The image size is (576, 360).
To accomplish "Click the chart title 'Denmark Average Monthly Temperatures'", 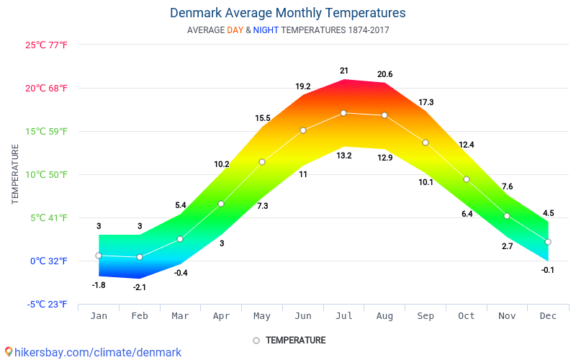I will tap(287, 13).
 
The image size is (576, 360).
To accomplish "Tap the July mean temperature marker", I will tap(344, 113).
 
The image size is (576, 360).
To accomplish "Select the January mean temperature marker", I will tap(99, 256).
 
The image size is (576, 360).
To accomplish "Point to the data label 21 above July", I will tap(344, 71).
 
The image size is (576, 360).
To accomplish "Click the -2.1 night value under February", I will tap(140, 287).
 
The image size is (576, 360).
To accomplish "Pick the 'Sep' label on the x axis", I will tap(426, 316).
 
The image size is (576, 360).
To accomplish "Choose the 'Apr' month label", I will tap(222, 316).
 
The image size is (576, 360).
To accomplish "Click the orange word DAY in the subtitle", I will tap(235, 30).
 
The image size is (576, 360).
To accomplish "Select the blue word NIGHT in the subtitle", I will tap(266, 30).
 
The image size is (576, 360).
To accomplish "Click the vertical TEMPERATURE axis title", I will tap(15, 174).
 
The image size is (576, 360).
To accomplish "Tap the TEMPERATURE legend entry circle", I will tap(256, 341).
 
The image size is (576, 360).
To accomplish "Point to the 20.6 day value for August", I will tap(385, 74).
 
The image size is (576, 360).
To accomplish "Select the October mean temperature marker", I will tap(467, 179).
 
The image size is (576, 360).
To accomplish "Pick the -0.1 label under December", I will tap(548, 270).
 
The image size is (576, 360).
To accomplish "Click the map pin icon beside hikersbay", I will tap(9, 352).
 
